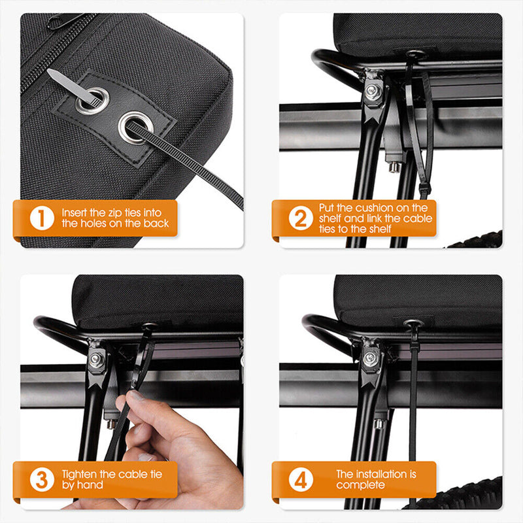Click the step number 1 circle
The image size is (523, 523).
tap(42, 218)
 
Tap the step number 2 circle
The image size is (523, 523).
tap(301, 218)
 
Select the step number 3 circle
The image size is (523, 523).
tap(42, 479)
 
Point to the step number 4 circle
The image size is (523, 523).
tap(301, 479)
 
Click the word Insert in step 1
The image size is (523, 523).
tap(74, 212)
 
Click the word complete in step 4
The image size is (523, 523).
tap(360, 485)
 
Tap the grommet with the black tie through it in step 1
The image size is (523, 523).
tap(136, 127)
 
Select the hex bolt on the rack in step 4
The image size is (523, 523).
tap(370, 358)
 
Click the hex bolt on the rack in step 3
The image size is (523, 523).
tap(96, 358)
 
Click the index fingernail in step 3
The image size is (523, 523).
tap(137, 396)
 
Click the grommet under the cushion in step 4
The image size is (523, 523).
tap(414, 323)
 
